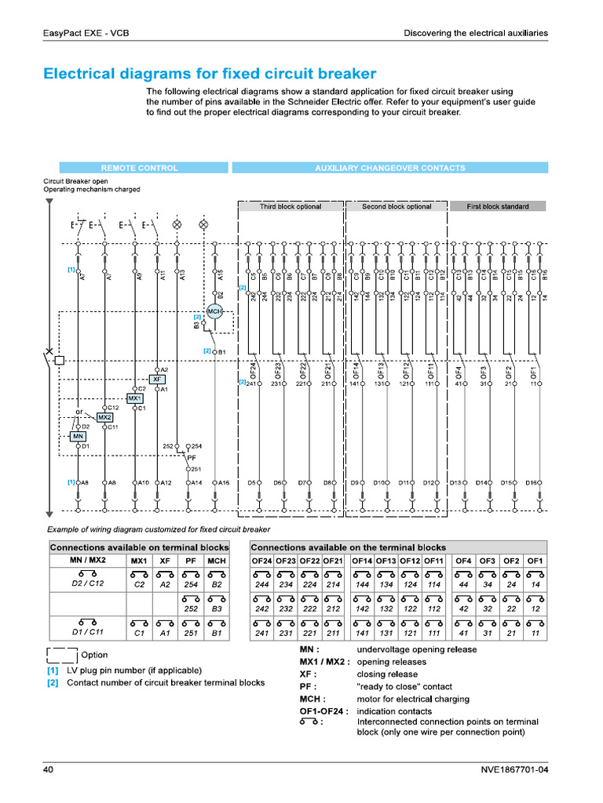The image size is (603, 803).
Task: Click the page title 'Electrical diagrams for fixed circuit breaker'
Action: pyautogui.click(x=210, y=74)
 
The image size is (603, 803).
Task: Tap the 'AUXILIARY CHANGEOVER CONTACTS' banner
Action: pyautogui.click(x=389, y=168)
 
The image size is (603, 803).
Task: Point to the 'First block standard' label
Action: pyautogui.click(x=497, y=206)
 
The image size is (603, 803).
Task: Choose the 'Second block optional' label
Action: pyautogui.click(x=397, y=206)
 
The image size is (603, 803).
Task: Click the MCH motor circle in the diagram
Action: pyautogui.click(x=214, y=312)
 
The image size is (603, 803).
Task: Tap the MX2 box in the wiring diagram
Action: pyautogui.click(x=104, y=416)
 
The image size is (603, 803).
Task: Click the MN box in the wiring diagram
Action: pyautogui.click(x=78, y=435)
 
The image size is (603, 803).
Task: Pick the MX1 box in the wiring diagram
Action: pyautogui.click(x=134, y=398)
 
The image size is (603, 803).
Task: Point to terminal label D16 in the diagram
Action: pyautogui.click(x=532, y=482)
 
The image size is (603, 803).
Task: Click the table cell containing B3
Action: pyautogui.click(x=217, y=608)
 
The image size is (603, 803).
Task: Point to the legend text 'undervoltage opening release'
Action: pyautogui.click(x=416, y=649)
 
